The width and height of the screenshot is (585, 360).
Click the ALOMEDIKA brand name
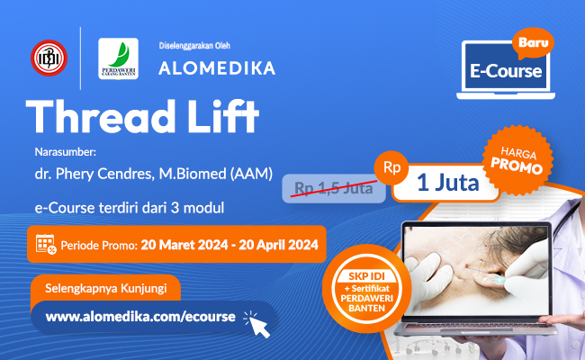click(217, 67)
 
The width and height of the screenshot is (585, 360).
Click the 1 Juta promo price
click(447, 184)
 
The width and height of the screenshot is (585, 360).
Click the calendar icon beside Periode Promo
click(47, 244)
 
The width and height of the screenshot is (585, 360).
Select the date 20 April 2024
click(274, 244)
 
